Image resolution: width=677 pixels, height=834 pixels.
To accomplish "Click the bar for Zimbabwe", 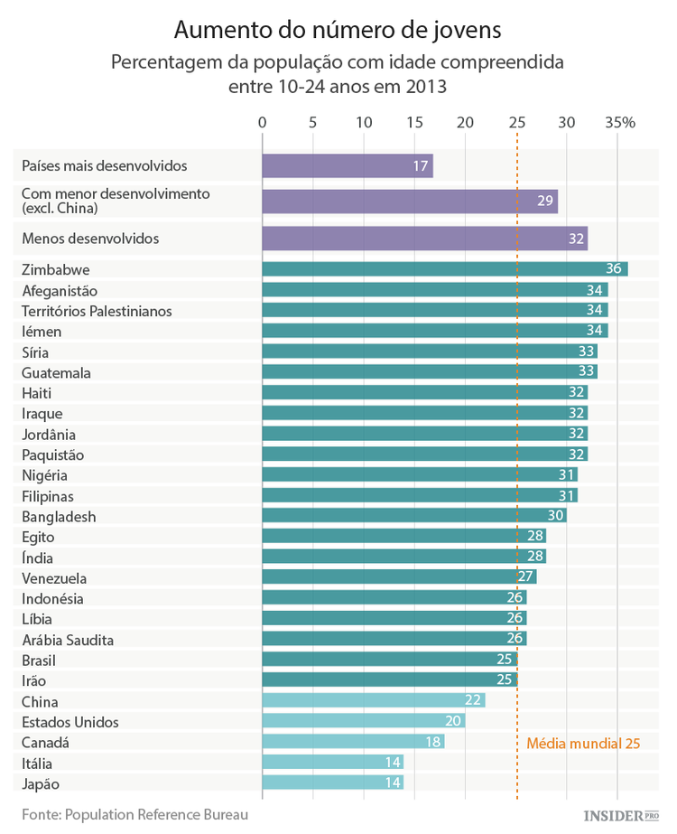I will pyautogui.click(x=444, y=269).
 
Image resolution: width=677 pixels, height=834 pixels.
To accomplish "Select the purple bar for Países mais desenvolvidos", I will pyautogui.click(x=347, y=166).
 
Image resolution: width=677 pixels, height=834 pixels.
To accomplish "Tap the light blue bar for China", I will pyautogui.click(x=373, y=700).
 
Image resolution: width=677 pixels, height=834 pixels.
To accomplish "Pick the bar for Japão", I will pyautogui.click(x=332, y=782).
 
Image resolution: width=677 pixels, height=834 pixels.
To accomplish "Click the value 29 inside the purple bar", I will pyautogui.click(x=545, y=201).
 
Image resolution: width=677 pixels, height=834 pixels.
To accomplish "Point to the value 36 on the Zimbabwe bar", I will pyautogui.click(x=616, y=269).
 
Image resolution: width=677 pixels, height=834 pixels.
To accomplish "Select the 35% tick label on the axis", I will pyautogui.click(x=620, y=123).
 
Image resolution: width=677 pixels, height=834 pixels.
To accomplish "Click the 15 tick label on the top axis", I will pyautogui.click(x=414, y=123).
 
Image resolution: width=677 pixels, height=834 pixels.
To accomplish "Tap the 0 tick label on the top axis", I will pyautogui.click(x=263, y=123).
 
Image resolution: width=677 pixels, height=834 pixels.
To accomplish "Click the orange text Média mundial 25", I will pyautogui.click(x=583, y=744).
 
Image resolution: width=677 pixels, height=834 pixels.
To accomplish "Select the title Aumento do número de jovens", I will pyautogui.click(x=337, y=31).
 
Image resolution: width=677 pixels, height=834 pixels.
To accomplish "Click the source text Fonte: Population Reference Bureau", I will pyautogui.click(x=134, y=814).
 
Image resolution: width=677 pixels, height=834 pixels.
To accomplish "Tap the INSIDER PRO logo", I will pyautogui.click(x=622, y=815).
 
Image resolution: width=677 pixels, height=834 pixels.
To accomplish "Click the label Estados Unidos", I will pyautogui.click(x=70, y=722).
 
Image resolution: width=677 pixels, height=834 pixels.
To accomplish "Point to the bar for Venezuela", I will pyautogui.click(x=399, y=576).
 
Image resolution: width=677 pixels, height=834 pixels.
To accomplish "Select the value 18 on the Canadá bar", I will pyautogui.click(x=433, y=742).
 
